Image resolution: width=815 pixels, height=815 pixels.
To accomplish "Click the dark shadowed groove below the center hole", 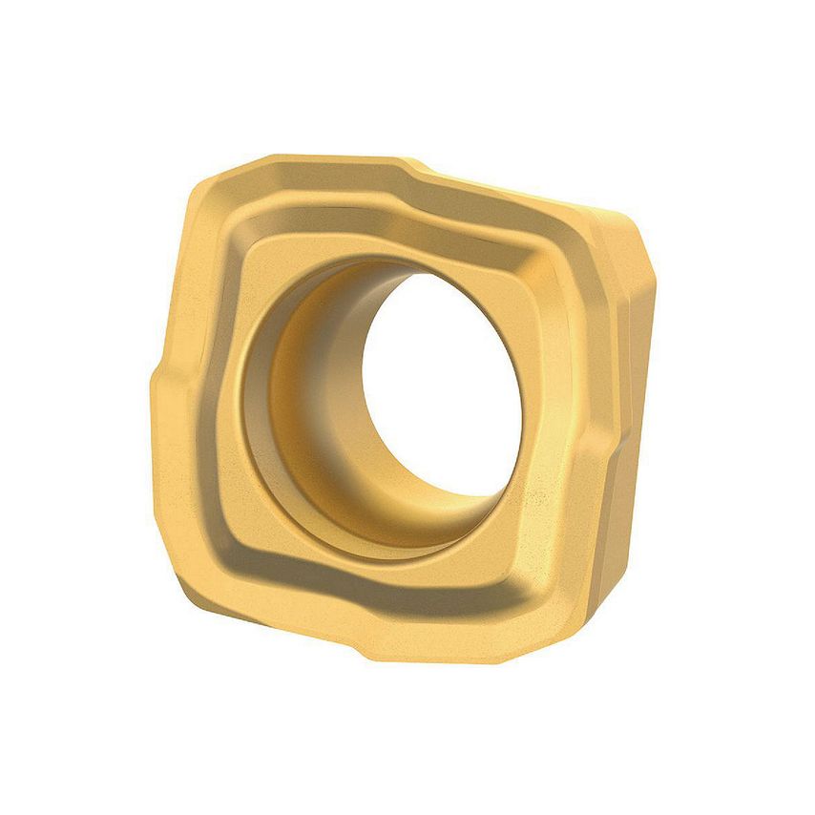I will coord(382,577).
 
